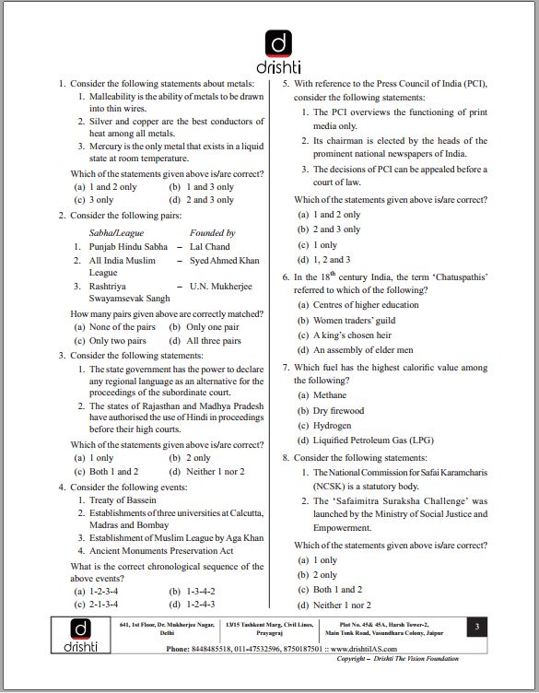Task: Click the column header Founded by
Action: click(x=212, y=233)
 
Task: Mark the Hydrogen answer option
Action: click(x=332, y=426)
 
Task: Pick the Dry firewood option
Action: click(x=338, y=411)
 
